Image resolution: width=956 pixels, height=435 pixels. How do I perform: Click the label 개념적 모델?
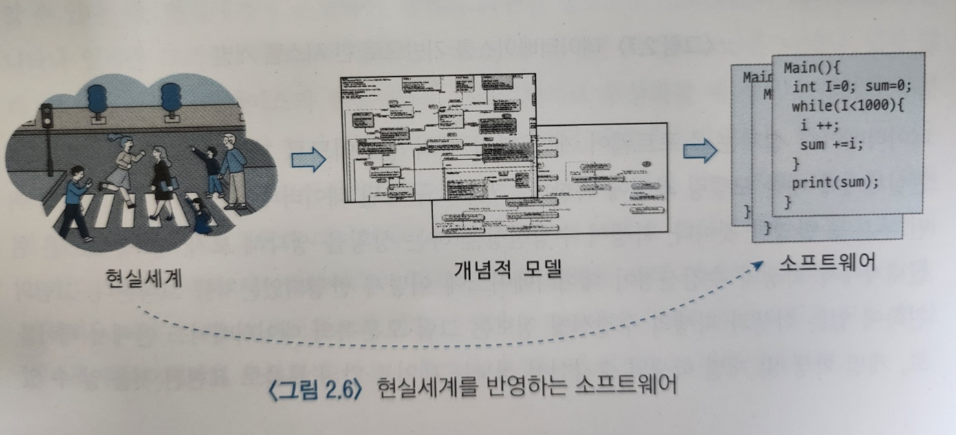click(x=508, y=268)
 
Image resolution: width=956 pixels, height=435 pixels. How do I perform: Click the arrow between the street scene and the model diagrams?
click(x=307, y=160)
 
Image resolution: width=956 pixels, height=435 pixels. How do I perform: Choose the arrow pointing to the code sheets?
click(x=699, y=151)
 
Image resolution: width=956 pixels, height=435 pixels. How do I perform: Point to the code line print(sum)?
click(x=835, y=183)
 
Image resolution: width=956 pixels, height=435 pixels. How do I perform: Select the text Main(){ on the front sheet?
click(x=812, y=69)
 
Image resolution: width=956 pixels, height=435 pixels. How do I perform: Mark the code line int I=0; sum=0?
click(x=851, y=87)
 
